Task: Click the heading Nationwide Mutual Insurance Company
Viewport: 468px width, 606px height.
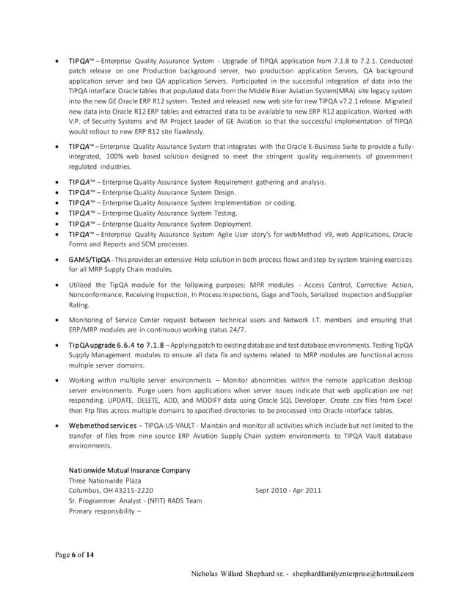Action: click(x=129, y=470)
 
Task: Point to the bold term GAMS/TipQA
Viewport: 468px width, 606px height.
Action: click(x=89, y=260)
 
